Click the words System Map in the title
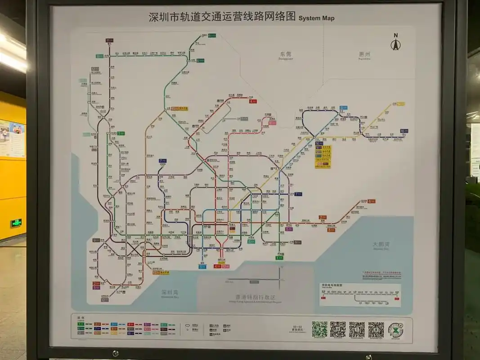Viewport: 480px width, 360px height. pos(317,18)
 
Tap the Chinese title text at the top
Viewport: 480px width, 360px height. pos(222,17)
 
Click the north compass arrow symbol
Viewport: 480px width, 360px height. pos(395,45)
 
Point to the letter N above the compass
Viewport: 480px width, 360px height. pos(395,36)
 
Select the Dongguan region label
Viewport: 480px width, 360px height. pos(285,55)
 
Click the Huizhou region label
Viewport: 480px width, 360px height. pos(364,55)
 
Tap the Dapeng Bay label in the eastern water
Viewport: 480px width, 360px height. pos(381,245)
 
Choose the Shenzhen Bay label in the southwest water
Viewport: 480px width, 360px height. pos(170,293)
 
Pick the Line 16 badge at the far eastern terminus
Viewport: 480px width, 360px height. pos(404,131)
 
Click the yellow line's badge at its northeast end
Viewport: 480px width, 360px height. pos(400,104)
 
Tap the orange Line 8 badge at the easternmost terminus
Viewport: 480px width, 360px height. pos(371,201)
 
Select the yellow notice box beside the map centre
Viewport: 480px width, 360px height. pos(322,156)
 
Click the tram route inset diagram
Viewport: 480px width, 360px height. pos(360,295)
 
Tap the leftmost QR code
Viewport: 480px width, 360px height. pos(319,329)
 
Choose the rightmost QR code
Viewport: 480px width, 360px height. pos(376,330)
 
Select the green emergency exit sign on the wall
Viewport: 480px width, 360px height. pos(16,223)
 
